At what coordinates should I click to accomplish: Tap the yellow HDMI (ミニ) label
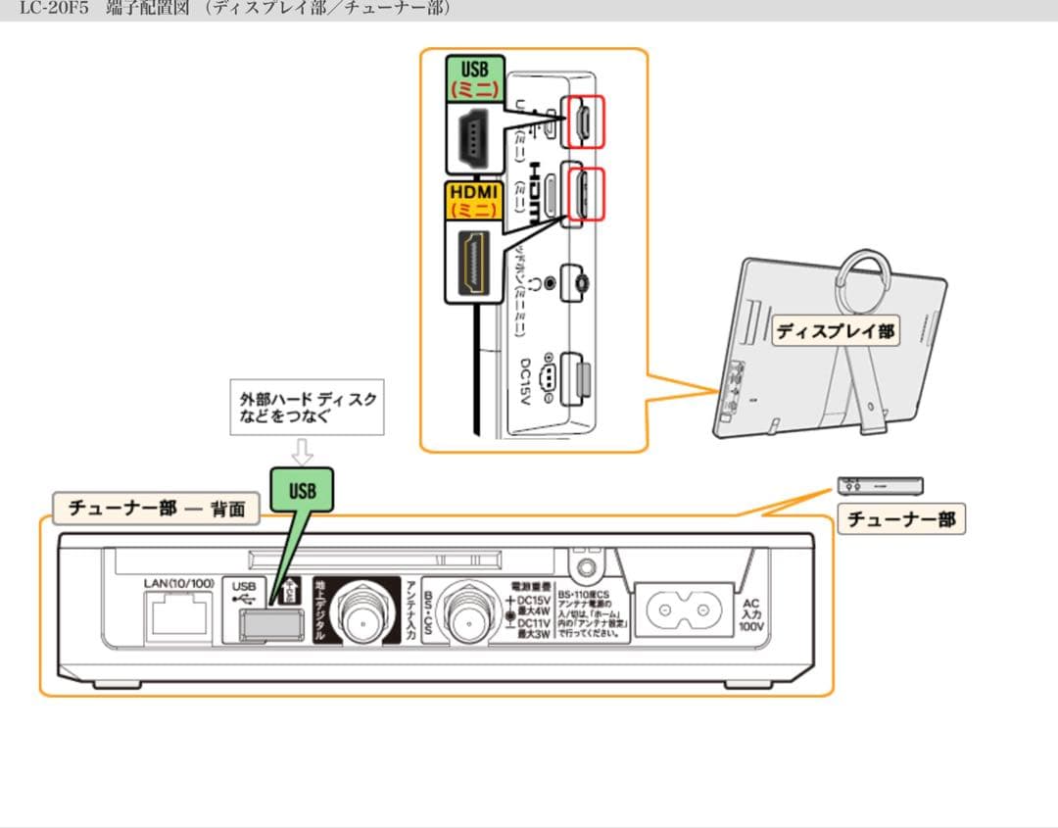coord(474,200)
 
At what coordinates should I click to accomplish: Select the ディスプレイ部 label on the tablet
coord(835,330)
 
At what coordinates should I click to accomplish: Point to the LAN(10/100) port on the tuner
coord(177,616)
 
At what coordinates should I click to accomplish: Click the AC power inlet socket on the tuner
coord(685,612)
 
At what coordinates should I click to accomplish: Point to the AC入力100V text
coord(751,615)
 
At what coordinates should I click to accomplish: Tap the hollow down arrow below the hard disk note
coord(303,452)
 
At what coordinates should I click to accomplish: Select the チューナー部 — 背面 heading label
coord(157,509)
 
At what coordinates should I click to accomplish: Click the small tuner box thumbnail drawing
coord(881,485)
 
